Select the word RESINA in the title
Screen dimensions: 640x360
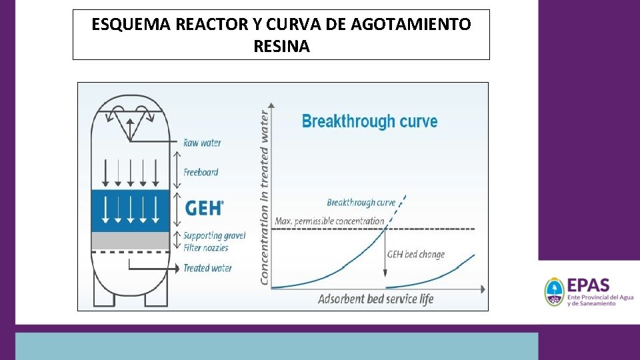pyautogui.click(x=281, y=47)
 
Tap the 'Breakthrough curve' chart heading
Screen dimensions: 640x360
pyautogui.click(x=369, y=121)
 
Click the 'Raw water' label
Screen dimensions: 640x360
pyautogui.click(x=202, y=143)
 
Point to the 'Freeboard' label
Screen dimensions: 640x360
pyautogui.click(x=201, y=172)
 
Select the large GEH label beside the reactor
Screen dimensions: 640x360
pyautogui.click(x=203, y=208)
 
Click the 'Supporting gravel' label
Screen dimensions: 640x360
pyautogui.click(x=214, y=235)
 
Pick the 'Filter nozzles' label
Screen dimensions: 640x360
pyautogui.click(x=205, y=248)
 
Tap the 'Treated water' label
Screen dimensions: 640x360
pyautogui.click(x=207, y=268)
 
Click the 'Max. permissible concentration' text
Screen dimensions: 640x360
pyautogui.click(x=329, y=221)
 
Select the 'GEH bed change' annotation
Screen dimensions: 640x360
pyautogui.click(x=416, y=254)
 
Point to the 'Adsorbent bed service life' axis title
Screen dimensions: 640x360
pyautogui.click(x=375, y=299)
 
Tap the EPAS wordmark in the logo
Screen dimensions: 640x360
pyautogui.click(x=588, y=285)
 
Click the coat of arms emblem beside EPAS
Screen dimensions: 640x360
pyautogui.click(x=554, y=292)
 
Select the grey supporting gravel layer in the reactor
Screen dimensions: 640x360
pyautogui.click(x=130, y=241)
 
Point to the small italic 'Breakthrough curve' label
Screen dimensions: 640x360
pyautogui.click(x=361, y=203)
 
